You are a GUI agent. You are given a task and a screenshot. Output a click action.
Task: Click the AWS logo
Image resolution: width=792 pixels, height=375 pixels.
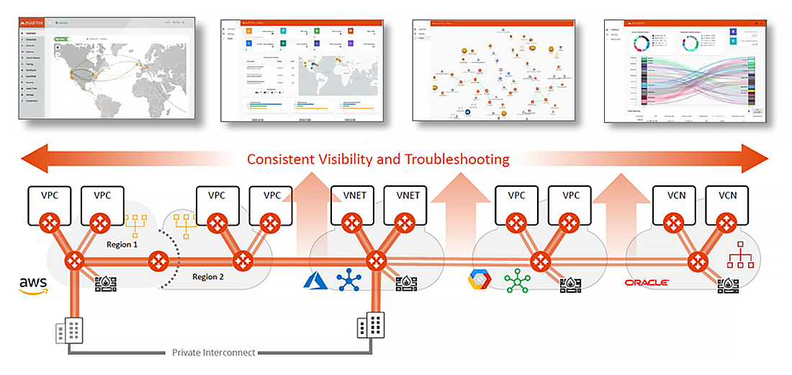tap(34, 286)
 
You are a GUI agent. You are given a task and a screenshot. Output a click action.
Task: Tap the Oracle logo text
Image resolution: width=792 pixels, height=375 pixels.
tap(647, 283)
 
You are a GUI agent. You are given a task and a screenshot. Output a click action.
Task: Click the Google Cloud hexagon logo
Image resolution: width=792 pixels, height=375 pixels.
tap(478, 280)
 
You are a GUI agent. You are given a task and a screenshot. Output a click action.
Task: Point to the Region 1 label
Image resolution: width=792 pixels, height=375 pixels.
tap(119, 244)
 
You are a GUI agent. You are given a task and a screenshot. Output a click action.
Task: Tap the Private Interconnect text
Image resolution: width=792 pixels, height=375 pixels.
tap(214, 353)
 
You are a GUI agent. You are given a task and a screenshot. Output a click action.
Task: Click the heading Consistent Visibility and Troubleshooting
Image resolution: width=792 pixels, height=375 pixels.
tap(378, 159)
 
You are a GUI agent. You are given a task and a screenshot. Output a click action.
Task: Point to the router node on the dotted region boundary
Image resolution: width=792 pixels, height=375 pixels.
tap(160, 260)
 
